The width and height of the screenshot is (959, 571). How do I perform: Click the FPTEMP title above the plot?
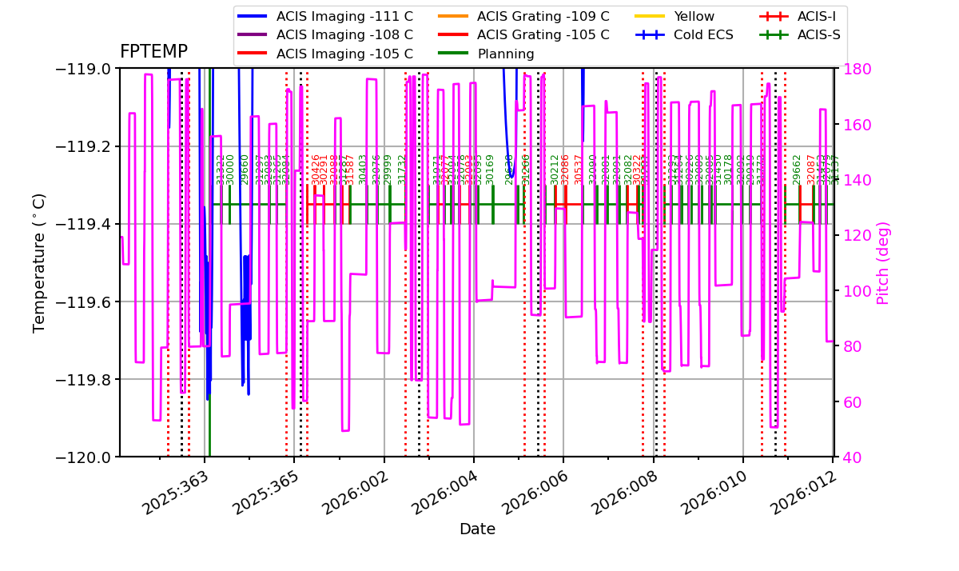[153, 52]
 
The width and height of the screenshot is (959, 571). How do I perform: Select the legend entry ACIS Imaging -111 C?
[344, 16]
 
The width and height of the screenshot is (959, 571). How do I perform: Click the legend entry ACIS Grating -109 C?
[543, 16]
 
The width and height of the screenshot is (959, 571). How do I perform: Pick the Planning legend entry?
[506, 54]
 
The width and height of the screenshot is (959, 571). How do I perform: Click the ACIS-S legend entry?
[818, 34]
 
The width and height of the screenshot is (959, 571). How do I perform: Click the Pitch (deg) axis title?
[883, 262]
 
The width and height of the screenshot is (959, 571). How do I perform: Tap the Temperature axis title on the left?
[39, 262]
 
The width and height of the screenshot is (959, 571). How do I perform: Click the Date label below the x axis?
[477, 529]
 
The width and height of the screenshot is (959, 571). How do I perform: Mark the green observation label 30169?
[490, 170]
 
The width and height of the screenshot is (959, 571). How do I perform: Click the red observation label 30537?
[579, 170]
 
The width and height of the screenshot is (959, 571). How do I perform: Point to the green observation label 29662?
[797, 170]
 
